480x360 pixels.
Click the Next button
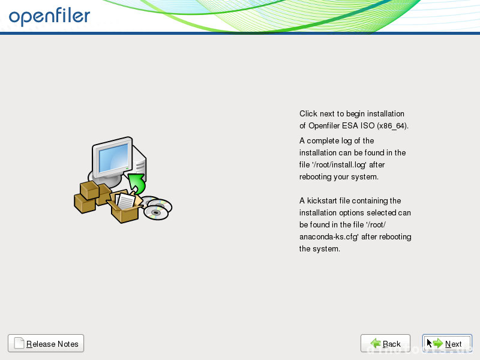(x=447, y=343)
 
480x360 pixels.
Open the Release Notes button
(x=46, y=343)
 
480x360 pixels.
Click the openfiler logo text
(x=49, y=17)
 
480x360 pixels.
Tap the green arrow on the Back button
(x=376, y=343)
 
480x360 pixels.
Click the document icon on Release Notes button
(x=19, y=343)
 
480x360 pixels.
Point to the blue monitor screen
(x=113, y=158)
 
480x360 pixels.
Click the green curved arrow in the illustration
(x=137, y=183)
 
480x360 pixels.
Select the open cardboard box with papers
(x=125, y=206)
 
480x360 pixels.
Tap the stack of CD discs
(x=157, y=208)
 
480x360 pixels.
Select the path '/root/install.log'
(x=339, y=164)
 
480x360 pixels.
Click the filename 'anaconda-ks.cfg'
(x=329, y=236)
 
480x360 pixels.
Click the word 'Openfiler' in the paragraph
(x=324, y=125)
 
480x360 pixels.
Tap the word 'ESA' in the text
(x=350, y=125)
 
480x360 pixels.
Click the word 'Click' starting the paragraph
(x=308, y=113)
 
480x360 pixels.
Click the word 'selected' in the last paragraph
(x=381, y=212)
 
